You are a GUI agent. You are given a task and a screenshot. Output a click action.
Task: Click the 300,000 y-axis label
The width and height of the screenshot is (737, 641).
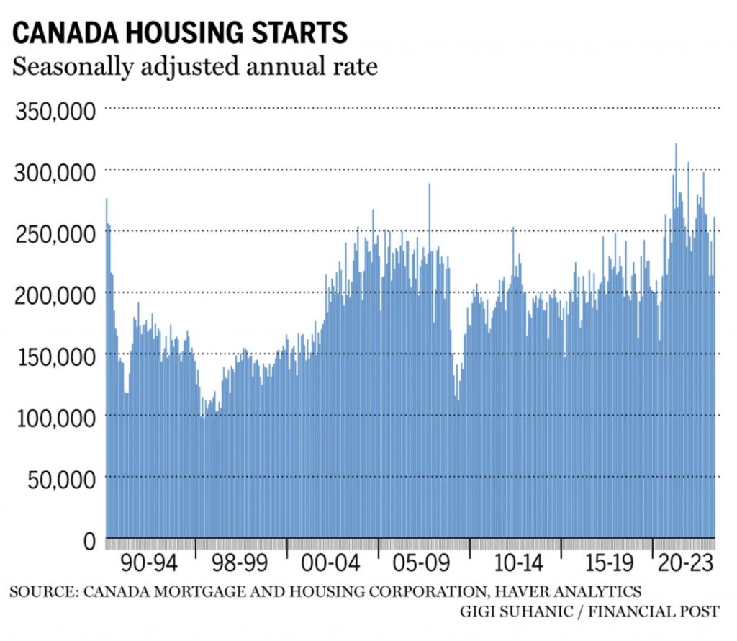pos(56,173)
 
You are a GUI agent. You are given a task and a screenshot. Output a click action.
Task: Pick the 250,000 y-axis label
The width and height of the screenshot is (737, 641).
pos(56,234)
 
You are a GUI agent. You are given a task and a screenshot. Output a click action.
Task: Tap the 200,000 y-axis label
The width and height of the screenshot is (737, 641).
pos(56,295)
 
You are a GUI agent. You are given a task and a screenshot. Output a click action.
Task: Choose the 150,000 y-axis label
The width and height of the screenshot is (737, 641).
pos(56,357)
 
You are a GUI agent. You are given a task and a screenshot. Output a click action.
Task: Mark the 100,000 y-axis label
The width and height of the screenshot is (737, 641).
pos(56,418)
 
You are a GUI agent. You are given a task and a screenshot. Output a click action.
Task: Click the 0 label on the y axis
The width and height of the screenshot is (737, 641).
pos(90,540)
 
